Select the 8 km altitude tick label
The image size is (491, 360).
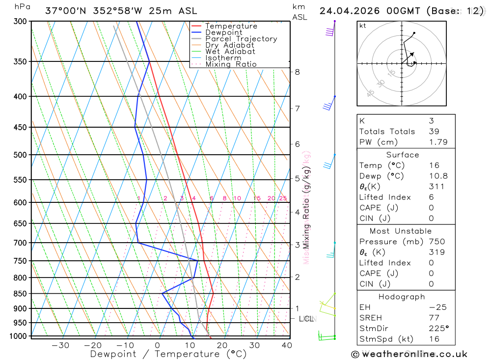point(297,72)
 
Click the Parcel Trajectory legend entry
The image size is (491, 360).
point(241,39)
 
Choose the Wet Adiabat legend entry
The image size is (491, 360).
point(230,52)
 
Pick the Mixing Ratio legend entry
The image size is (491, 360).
point(231,64)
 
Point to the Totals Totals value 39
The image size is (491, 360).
point(434,132)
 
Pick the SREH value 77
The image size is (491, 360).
point(434,318)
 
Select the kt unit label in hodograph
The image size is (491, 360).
point(363,26)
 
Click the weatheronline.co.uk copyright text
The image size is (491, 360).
point(409,354)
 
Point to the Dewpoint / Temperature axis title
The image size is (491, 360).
point(168,354)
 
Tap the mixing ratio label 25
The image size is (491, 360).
point(283,198)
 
